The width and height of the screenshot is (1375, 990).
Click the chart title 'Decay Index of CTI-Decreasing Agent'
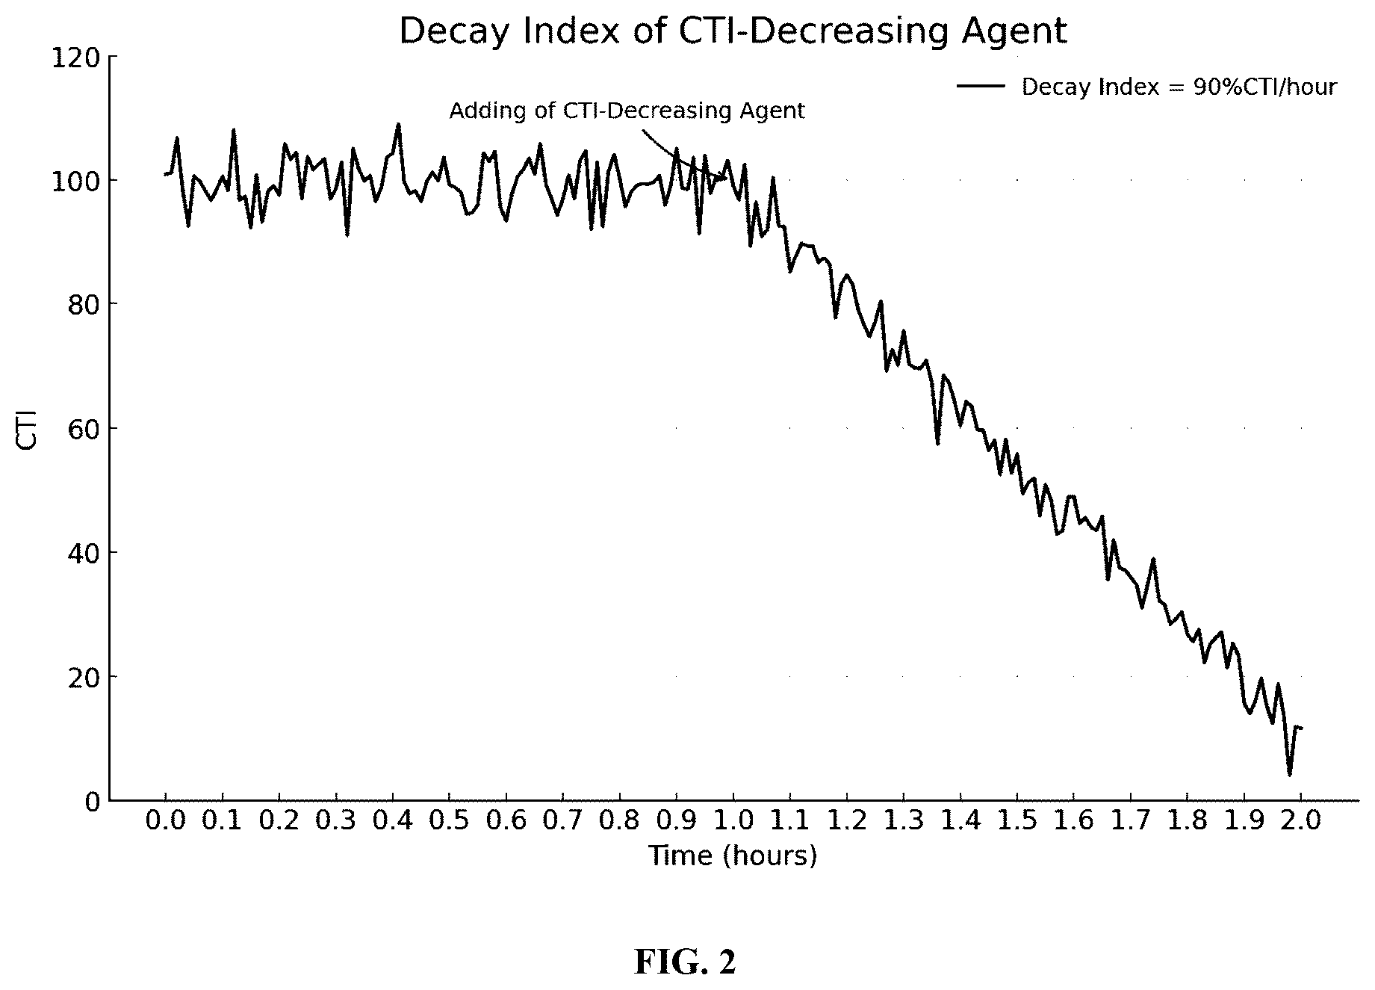point(733,31)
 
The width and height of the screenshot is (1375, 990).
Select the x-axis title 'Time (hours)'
point(732,856)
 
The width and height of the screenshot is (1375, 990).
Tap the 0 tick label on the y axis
point(91,801)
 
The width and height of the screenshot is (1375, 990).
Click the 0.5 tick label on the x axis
point(449,821)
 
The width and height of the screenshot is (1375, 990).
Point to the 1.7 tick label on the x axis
point(1131,821)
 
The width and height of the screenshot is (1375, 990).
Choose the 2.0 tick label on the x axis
point(1301,821)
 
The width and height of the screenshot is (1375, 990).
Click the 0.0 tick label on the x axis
point(165,821)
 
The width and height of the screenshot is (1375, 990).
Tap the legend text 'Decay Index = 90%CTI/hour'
point(1179,87)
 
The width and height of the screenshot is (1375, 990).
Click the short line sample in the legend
point(981,87)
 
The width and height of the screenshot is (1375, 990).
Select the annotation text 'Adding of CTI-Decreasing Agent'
point(627,111)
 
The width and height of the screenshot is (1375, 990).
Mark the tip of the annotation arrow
point(725,178)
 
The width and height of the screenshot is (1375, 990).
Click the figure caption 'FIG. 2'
point(685,962)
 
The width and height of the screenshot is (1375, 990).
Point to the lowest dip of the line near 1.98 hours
point(1289,775)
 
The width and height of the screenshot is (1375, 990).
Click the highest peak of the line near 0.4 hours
point(398,124)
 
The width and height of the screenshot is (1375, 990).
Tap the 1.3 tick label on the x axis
point(904,821)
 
